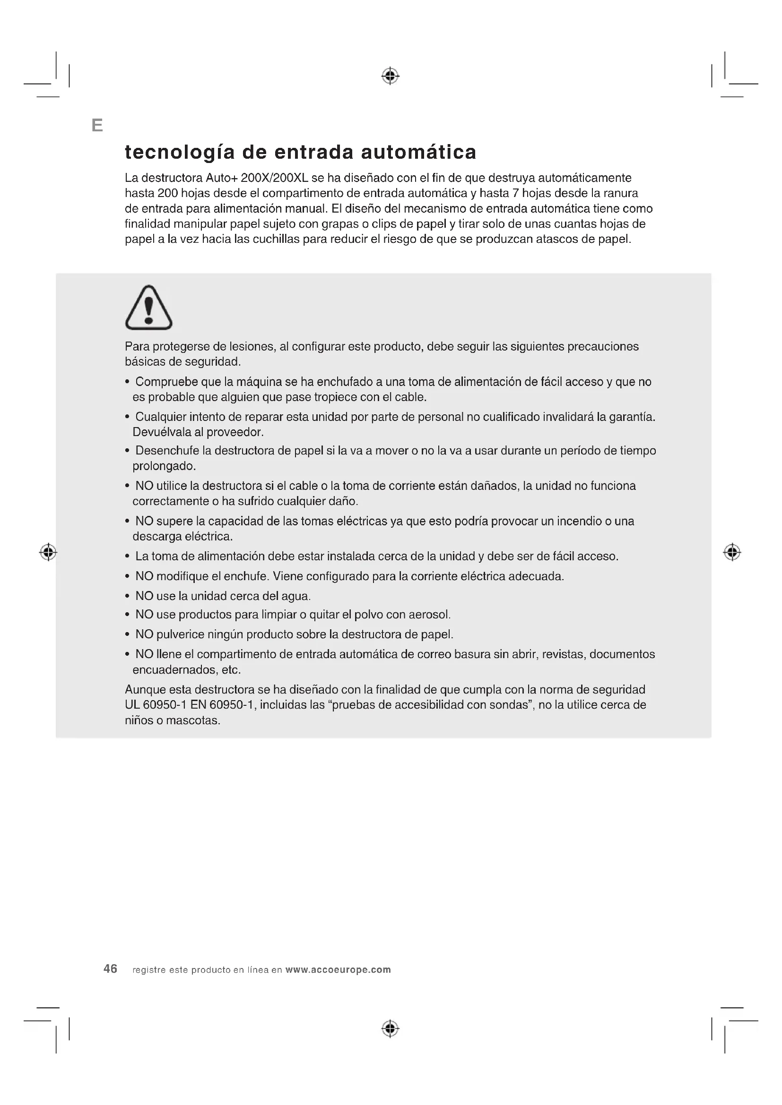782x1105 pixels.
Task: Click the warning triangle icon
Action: (x=149, y=308)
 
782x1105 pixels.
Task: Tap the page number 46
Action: (x=110, y=969)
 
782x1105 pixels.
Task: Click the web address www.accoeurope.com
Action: (x=338, y=970)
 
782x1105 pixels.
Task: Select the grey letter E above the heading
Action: (x=97, y=126)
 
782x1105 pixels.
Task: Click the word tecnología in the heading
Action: (x=180, y=153)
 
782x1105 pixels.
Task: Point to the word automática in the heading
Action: (x=418, y=153)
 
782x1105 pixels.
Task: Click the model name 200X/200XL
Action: (x=274, y=178)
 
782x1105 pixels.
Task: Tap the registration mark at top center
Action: (x=391, y=76)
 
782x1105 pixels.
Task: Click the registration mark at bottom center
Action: (x=391, y=1029)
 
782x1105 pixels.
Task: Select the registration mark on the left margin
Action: (x=48, y=552)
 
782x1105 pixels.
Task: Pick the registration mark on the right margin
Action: (x=732, y=552)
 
